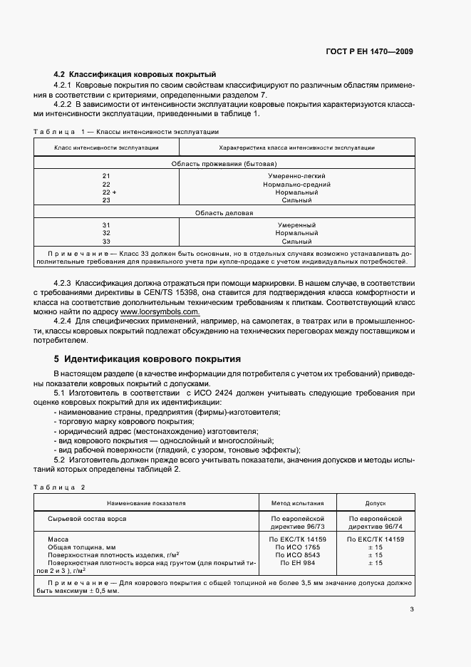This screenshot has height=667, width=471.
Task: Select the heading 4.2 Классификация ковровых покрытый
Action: pos(135,75)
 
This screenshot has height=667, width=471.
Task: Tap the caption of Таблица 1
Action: pos(126,132)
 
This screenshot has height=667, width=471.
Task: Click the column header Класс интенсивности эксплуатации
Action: pos(106,148)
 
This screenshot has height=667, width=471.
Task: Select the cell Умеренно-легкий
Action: pos(297,175)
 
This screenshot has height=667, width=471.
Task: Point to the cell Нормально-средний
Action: pos(297,184)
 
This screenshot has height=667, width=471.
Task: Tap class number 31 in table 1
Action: pos(106,225)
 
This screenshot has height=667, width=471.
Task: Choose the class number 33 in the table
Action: pos(106,242)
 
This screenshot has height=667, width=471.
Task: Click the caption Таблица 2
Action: pos(59,487)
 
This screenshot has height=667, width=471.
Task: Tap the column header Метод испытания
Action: pos(297,502)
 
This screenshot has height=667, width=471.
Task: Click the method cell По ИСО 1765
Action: pos(297,547)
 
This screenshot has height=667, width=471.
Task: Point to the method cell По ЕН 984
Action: pos(297,563)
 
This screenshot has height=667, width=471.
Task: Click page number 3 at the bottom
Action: pos(411,609)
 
